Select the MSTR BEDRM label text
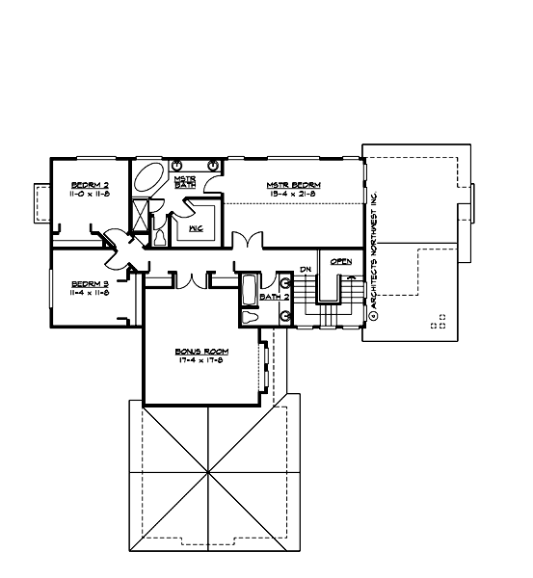click(294, 185)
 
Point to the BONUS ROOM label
click(200, 352)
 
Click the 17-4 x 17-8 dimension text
click(200, 362)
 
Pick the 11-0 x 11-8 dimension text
click(89, 195)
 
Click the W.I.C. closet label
click(195, 227)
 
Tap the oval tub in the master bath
click(149, 179)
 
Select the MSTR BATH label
click(185, 181)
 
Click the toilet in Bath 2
click(248, 317)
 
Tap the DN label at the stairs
click(305, 268)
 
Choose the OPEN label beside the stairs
click(340, 262)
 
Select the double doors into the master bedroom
click(248, 240)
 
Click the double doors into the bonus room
click(199, 279)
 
